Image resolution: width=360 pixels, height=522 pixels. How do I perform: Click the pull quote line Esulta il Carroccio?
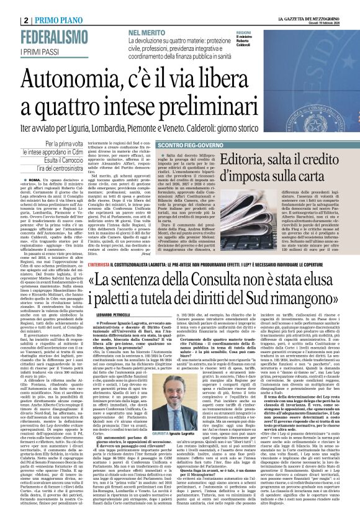(x=67, y=161)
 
